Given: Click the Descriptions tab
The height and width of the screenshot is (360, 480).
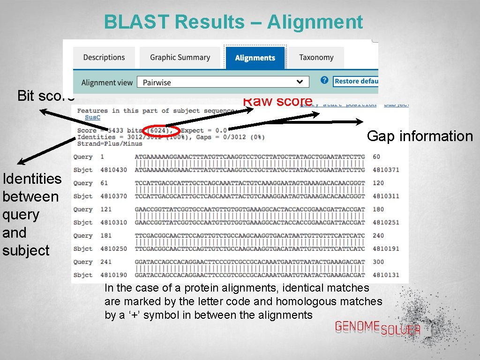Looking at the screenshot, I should point(104,58).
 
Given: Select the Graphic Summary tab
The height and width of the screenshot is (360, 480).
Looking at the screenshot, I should point(180,58).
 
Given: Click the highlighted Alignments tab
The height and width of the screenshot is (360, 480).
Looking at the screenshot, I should point(255,58).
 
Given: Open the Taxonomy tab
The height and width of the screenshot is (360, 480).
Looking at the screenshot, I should point(316,58).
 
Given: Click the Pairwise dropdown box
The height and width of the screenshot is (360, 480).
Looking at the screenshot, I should point(223,82).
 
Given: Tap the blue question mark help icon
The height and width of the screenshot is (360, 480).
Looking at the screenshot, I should point(324,81).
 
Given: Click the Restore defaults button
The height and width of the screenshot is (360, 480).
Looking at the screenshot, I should point(356,81).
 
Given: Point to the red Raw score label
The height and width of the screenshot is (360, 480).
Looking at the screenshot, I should point(278,101).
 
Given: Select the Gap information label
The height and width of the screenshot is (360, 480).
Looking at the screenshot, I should point(420,136).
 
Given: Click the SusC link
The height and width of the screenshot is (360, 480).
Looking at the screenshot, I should point(92,117).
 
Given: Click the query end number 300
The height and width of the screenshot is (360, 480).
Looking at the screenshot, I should point(378,262).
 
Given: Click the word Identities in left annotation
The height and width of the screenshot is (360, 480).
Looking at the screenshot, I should point(32,179).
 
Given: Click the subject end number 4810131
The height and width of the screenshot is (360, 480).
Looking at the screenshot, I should point(386,275).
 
